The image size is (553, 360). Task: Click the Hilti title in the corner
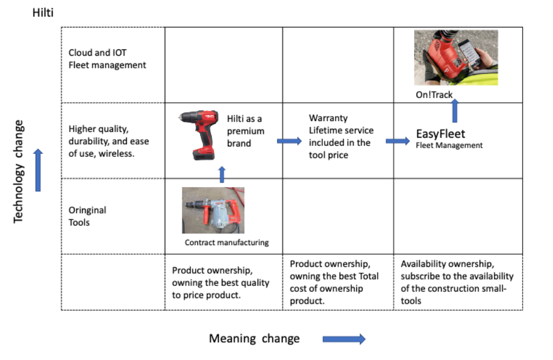pos(43,13)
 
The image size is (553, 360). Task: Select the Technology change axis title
pos(18,172)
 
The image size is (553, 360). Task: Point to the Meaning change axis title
pos(254,339)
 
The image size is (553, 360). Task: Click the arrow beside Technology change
pos(38,170)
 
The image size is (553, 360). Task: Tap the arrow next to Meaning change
pos(344,339)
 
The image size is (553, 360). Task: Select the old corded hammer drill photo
pos(213,210)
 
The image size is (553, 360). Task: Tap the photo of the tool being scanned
pos(456,57)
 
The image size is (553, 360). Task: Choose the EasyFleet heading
pos(441,134)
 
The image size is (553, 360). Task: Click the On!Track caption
pos(434,95)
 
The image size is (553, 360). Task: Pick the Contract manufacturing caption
pos(227,242)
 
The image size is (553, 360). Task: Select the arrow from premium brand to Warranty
pos(289,141)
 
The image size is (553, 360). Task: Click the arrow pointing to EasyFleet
pos(398,141)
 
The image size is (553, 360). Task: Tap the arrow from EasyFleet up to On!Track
pos(455,111)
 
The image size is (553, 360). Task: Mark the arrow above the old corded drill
pos(222,175)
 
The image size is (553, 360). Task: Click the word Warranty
pos(328,118)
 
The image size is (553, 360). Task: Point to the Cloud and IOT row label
pos(107,59)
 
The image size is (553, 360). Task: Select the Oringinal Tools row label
pos(87,216)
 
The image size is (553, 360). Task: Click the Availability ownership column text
pos(457,282)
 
